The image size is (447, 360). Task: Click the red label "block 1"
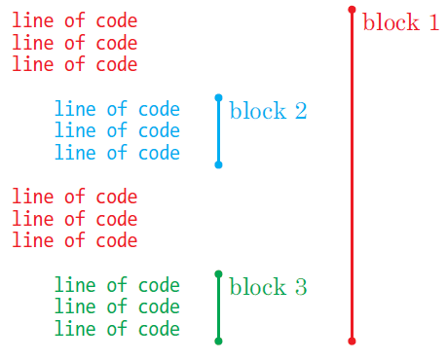(x=400, y=22)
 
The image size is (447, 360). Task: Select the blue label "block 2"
(x=268, y=110)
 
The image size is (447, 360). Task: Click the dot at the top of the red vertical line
(x=352, y=10)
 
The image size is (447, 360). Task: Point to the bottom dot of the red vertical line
(x=352, y=341)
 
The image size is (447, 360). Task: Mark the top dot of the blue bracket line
(x=218, y=97)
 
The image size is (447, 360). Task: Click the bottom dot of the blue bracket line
(x=218, y=164)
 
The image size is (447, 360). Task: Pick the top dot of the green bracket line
(x=218, y=274)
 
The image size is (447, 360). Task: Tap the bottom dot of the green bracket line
(x=218, y=341)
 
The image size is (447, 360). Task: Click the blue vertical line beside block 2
(x=218, y=131)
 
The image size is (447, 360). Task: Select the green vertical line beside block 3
(x=218, y=307)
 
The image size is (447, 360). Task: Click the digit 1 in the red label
(x=431, y=22)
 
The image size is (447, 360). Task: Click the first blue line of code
(x=117, y=109)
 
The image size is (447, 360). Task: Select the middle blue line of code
(x=117, y=130)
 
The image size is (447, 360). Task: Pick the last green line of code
(x=117, y=329)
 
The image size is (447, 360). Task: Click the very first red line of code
(x=74, y=21)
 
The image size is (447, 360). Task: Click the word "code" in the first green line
(x=159, y=285)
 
